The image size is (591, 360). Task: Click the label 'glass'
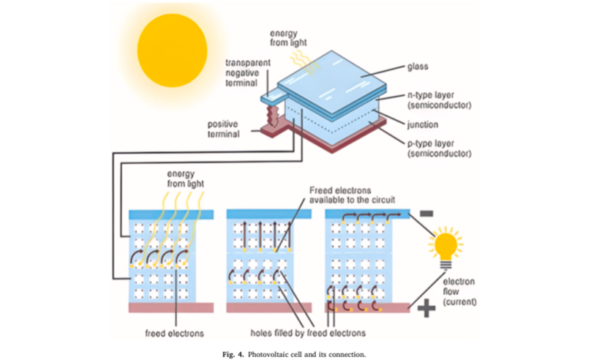coord(417,66)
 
